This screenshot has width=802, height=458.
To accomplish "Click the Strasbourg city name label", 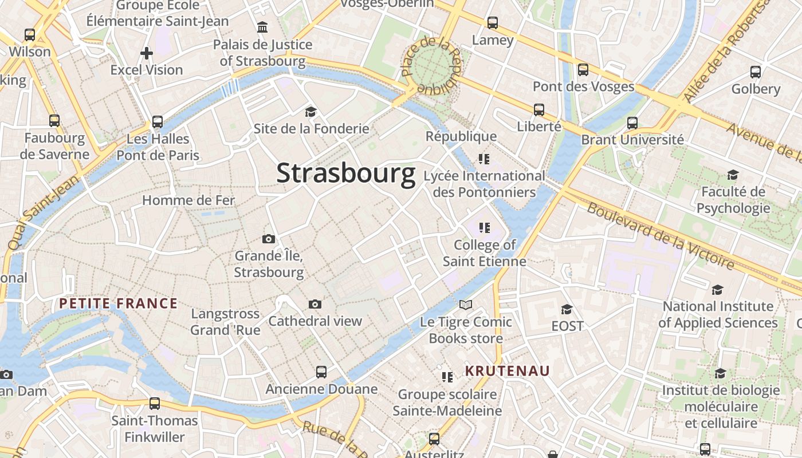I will point(345,173).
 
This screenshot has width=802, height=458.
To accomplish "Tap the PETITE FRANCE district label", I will point(119,303).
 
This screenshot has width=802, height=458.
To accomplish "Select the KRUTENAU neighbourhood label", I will point(507,371).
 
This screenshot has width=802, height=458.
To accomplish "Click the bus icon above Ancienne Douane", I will point(321,372).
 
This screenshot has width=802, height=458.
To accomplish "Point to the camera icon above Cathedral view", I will point(314,304).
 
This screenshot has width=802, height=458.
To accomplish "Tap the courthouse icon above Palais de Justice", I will point(262,27).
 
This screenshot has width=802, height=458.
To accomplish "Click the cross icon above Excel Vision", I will point(147,53).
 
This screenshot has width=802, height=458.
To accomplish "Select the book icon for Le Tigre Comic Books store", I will point(466,305).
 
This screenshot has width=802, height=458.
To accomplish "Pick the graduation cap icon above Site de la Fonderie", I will point(310,112).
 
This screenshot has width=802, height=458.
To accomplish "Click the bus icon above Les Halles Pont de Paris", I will point(158,122).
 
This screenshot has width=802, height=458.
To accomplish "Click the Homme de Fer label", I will point(188,200).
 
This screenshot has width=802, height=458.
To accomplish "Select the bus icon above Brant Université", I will point(632,123).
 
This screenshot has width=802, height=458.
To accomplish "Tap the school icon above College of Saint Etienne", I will point(485,228).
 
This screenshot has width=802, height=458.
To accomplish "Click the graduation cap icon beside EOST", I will point(567,309).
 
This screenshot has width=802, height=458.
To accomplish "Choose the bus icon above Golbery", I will point(756,72).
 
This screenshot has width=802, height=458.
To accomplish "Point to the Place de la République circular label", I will point(430,66).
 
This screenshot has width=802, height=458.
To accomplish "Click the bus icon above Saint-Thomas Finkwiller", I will point(155,404).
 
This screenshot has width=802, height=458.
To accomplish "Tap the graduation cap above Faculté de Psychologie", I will point(733,175).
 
